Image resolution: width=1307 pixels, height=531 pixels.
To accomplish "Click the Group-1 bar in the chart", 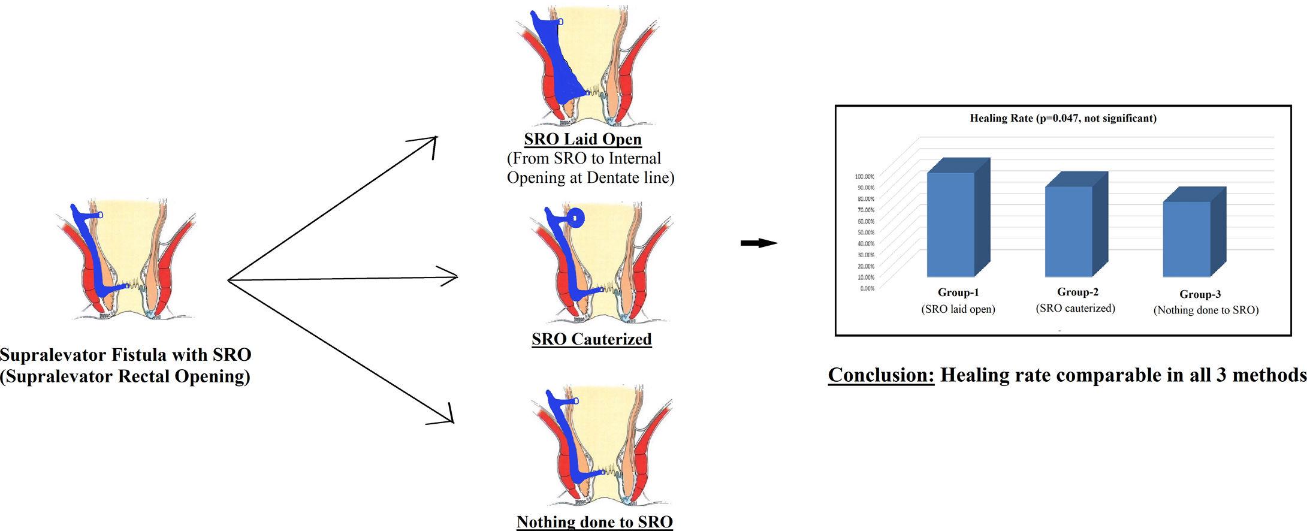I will click(951, 225).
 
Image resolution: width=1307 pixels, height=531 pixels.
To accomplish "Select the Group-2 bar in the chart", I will click(1069, 231).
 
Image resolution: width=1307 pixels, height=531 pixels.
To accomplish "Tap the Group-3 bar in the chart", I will click(1187, 239).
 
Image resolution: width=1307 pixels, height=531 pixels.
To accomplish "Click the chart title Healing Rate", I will click(1062, 118).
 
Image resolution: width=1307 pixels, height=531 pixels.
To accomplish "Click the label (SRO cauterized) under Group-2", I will click(1076, 308).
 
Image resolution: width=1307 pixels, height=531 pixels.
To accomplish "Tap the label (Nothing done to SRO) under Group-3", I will click(1206, 310).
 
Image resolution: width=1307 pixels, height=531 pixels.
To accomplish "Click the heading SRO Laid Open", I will click(582, 139).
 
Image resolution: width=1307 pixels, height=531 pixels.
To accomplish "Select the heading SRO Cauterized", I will click(591, 339).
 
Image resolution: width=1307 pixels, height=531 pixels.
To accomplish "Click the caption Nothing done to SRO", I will click(594, 521).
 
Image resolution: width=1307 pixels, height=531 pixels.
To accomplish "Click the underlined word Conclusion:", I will click(881, 375).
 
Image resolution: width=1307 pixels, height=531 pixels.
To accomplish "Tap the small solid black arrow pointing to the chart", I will click(759, 243).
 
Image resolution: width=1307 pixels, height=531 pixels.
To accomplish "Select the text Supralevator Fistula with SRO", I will click(125, 355).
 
